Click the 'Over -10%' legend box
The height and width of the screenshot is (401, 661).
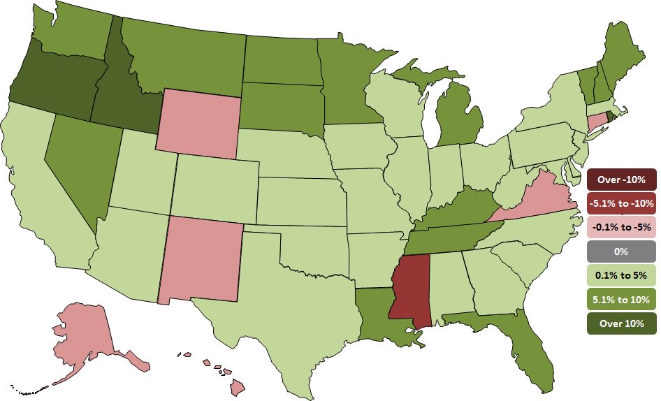click(x=621, y=180)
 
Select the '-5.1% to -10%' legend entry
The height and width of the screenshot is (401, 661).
click(x=621, y=203)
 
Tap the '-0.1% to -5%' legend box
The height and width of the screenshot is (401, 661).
click(x=621, y=227)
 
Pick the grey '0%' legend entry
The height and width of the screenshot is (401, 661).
click(x=621, y=251)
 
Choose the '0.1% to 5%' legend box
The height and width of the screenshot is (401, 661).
click(x=621, y=275)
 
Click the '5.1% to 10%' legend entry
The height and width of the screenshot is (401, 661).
click(x=621, y=299)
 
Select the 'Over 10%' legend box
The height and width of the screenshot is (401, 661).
click(x=621, y=323)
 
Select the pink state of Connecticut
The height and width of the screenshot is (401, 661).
click(x=597, y=120)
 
